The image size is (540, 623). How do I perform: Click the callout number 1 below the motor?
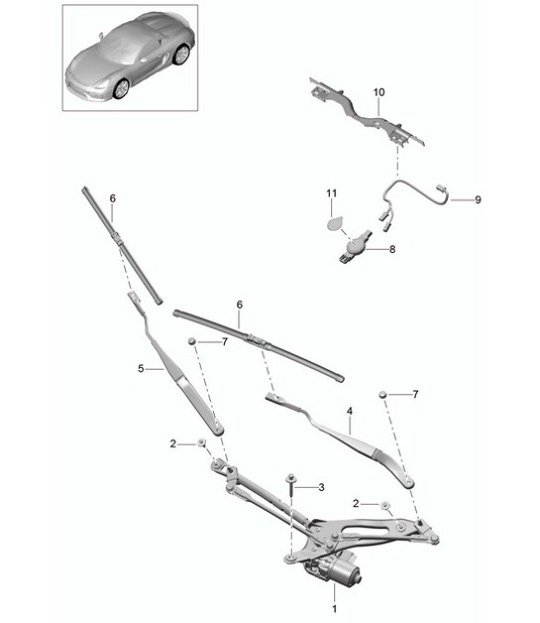(335, 607)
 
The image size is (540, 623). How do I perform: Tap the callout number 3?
(321, 487)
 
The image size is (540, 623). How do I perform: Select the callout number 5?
(142, 368)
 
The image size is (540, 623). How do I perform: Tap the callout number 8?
(392, 250)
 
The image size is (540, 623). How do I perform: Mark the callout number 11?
(333, 190)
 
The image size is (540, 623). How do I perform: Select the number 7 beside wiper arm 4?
(416, 395)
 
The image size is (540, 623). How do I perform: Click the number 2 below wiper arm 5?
(172, 443)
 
